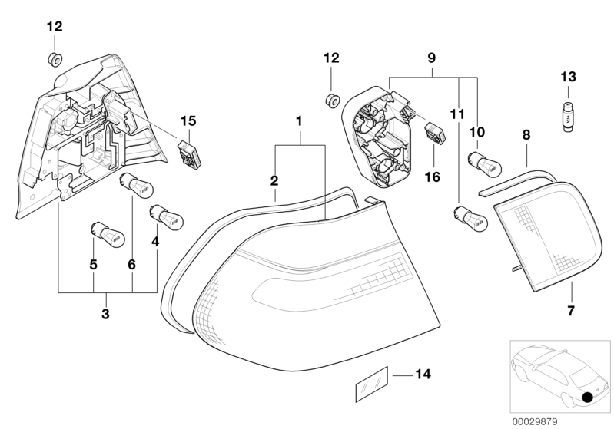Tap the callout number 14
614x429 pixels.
[422, 375]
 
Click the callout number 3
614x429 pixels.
[106, 314]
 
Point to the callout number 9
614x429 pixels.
[431, 57]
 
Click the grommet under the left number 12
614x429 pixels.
[55, 60]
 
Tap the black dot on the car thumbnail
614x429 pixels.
[589, 397]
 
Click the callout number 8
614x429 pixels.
[526, 135]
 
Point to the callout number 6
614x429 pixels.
[131, 263]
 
